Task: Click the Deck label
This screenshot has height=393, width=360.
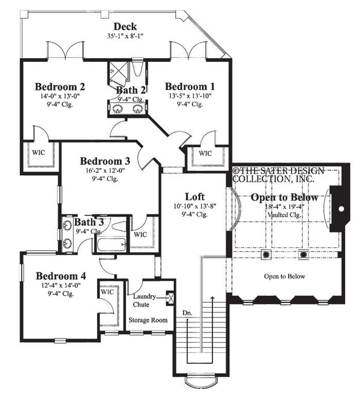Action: pyautogui.click(x=125, y=26)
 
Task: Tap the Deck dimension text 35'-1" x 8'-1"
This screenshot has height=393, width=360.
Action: pyautogui.click(x=125, y=36)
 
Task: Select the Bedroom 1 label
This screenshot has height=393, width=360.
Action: pyautogui.click(x=190, y=86)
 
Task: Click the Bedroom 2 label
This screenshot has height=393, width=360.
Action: pyautogui.click(x=59, y=86)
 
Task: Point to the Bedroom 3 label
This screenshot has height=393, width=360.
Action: pyautogui.click(x=105, y=161)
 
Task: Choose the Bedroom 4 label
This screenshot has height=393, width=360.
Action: pyautogui.click(x=60, y=276)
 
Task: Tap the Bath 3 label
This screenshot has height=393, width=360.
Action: pyautogui.click(x=89, y=223)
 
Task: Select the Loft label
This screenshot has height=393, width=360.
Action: pyautogui.click(x=194, y=197)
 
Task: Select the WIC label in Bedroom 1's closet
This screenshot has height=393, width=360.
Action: pyautogui.click(x=205, y=153)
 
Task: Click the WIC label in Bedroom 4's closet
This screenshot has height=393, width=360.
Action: pyautogui.click(x=107, y=292)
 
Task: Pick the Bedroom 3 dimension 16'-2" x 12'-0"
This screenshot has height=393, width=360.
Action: pyautogui.click(x=105, y=170)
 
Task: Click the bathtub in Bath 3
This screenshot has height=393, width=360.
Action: pyautogui.click(x=111, y=244)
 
